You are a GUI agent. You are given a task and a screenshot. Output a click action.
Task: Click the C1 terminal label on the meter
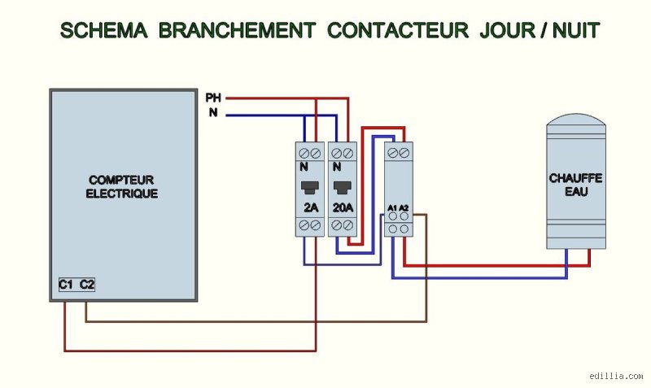click(66, 285)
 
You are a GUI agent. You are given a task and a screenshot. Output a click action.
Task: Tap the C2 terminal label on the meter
click(87, 285)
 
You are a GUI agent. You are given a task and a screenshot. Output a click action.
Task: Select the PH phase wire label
click(213, 98)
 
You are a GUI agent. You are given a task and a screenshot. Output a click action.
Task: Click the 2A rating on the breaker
click(311, 207)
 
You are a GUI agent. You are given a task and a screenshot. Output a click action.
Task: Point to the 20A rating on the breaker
click(343, 207)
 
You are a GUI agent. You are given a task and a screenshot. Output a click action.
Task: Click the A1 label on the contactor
click(392, 207)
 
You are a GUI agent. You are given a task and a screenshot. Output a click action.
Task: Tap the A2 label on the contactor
click(404, 207)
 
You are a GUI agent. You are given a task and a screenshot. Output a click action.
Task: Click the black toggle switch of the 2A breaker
click(310, 188)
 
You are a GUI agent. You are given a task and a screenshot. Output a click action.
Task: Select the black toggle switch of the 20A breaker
click(343, 188)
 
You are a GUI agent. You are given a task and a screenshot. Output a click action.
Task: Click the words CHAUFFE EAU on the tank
click(576, 185)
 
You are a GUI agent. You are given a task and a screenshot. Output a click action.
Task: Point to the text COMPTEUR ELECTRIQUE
click(121, 187)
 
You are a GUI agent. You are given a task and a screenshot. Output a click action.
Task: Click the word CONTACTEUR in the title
click(398, 30)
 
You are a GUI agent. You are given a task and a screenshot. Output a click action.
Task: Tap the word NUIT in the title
click(576, 30)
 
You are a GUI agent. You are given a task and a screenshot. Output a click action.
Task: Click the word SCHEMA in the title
click(104, 30)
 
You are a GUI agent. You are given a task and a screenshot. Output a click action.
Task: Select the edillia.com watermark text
click(616, 376)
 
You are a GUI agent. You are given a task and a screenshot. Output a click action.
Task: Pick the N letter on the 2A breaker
click(304, 167)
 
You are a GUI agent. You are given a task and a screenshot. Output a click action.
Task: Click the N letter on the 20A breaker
click(337, 167)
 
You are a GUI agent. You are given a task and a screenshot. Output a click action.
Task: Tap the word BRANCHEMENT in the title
click(237, 30)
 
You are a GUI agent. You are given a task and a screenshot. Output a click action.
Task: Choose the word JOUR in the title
click(507, 30)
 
